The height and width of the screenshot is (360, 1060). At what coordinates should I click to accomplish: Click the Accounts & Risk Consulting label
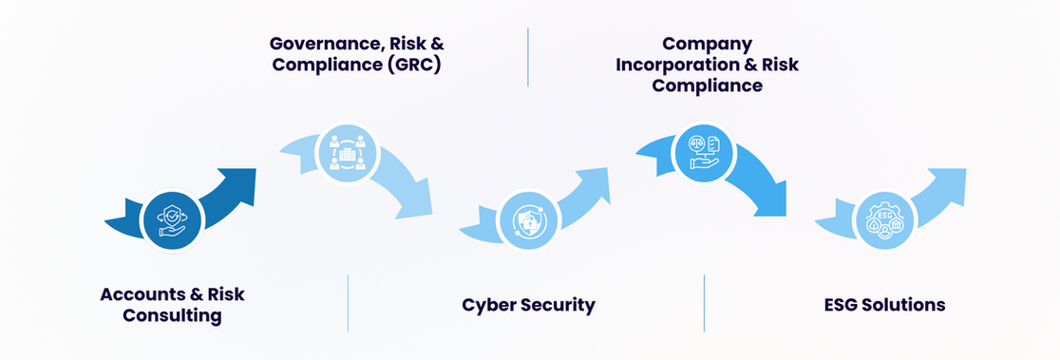(x=172, y=305)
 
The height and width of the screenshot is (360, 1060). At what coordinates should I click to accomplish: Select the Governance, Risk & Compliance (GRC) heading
(x=356, y=55)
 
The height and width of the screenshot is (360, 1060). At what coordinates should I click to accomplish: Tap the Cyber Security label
(x=529, y=305)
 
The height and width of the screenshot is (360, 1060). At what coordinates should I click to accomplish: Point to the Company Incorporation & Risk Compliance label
(x=707, y=65)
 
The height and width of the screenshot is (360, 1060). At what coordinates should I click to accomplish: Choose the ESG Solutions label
(x=884, y=305)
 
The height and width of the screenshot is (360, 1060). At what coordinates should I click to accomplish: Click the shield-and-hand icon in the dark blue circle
(x=172, y=220)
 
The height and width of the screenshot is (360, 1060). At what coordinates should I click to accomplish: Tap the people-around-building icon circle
(x=348, y=153)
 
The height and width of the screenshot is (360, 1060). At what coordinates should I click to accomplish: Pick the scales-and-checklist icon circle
(x=703, y=153)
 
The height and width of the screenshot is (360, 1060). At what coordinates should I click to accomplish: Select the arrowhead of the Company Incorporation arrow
(x=768, y=199)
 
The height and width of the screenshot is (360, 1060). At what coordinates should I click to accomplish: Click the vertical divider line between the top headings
(x=528, y=57)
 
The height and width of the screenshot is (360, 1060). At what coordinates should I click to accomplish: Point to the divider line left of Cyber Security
(x=349, y=303)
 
